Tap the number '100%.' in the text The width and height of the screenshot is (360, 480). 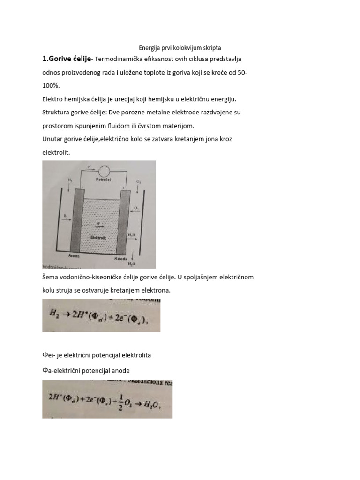51,87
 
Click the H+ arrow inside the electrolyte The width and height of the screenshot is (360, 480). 98,225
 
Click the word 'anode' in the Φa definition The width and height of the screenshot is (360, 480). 120,370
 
